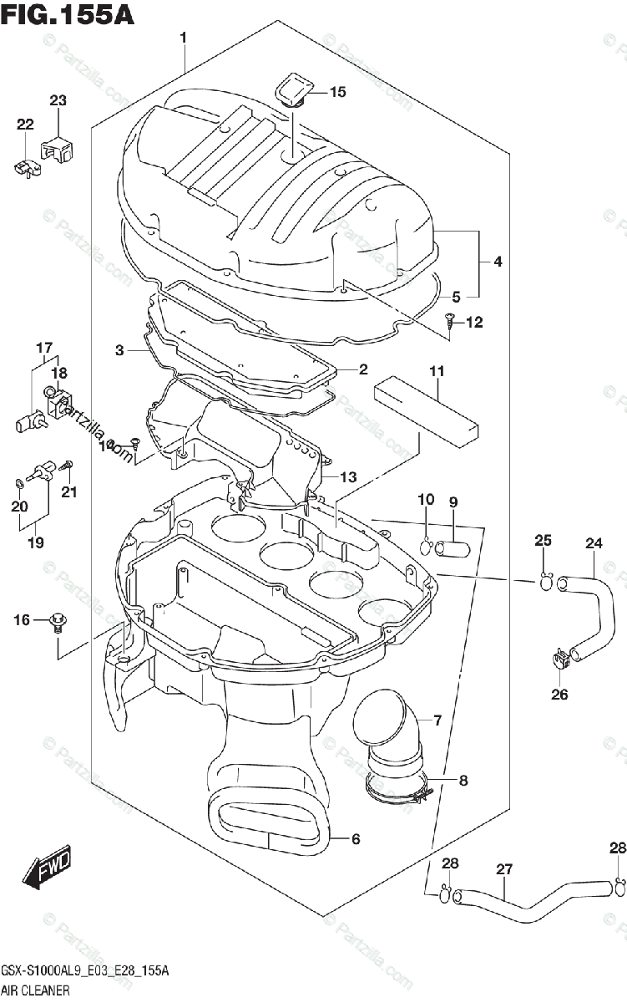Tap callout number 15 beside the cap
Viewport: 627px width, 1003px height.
(x=336, y=93)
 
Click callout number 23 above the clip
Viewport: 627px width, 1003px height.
(x=57, y=101)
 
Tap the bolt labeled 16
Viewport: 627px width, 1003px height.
(x=58, y=620)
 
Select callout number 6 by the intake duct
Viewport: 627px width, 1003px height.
(x=356, y=839)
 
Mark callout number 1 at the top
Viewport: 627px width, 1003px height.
(x=183, y=37)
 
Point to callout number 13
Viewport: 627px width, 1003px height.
(x=347, y=477)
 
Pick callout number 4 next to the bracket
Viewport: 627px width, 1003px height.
(x=497, y=262)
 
